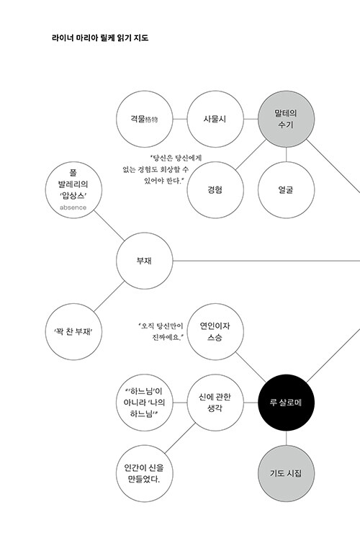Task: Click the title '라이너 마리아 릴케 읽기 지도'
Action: [x=100, y=37]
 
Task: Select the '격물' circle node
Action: [x=145, y=119]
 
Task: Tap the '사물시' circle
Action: [x=215, y=119]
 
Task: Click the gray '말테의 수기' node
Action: [x=287, y=119]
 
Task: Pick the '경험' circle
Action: [x=215, y=189]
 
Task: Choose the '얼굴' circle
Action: [x=287, y=189]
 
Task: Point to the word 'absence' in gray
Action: [x=73, y=207]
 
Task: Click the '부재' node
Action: [x=145, y=261]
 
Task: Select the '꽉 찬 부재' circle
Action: [x=73, y=332]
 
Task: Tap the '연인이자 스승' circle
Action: [x=215, y=332]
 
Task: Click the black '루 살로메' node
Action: [x=287, y=403]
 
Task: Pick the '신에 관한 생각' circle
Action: [x=215, y=403]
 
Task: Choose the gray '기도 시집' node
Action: [x=287, y=473]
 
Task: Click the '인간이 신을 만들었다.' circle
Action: [x=145, y=473]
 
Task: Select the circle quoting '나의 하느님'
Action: [x=145, y=403]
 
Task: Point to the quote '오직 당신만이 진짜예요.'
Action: [x=161, y=331]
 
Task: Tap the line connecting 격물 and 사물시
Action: [x=180, y=119]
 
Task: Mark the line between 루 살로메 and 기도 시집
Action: [x=287, y=438]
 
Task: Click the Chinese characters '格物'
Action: [x=152, y=120]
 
